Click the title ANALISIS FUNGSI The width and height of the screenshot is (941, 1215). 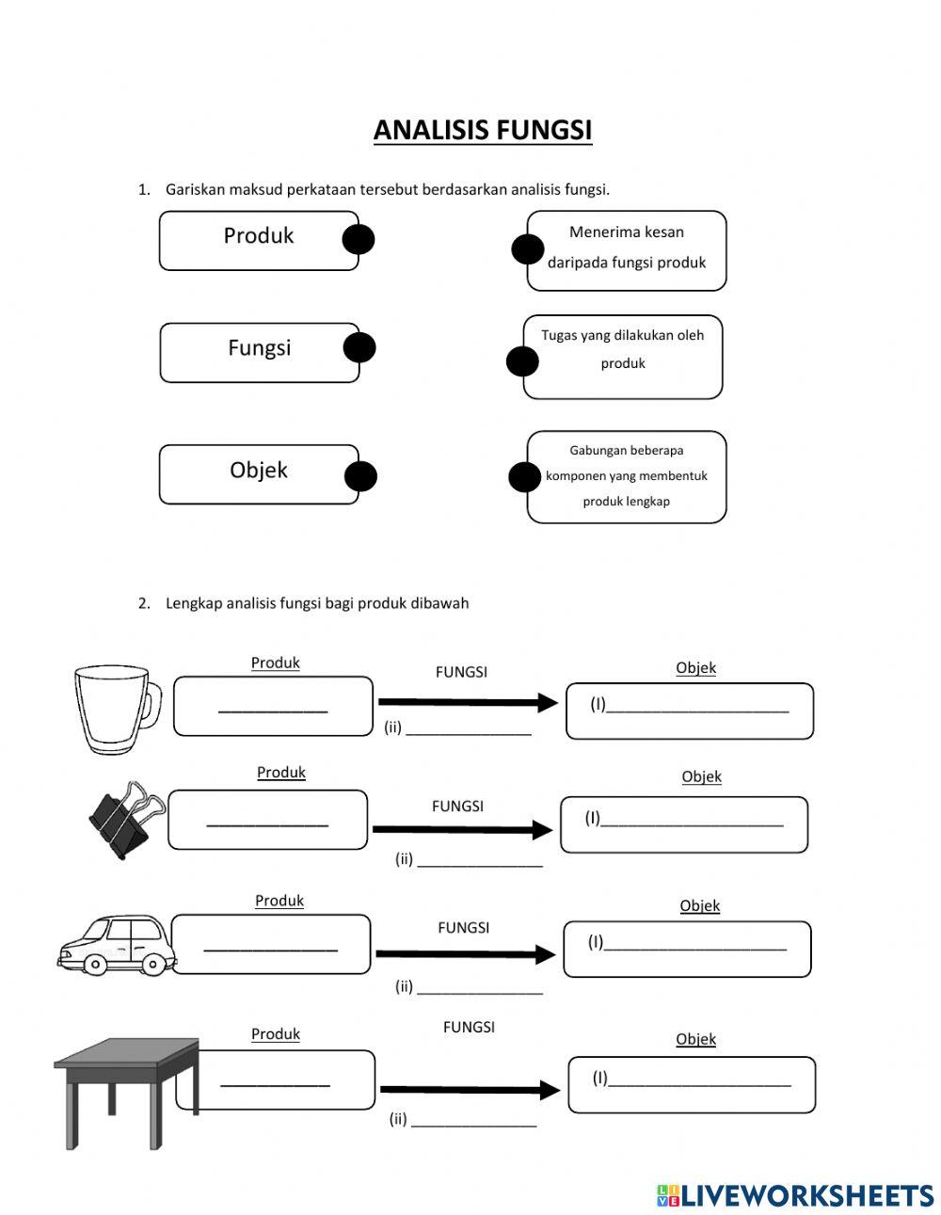tap(483, 130)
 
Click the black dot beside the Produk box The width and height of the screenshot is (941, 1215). tap(359, 240)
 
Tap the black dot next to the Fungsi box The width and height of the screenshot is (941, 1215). tap(359, 348)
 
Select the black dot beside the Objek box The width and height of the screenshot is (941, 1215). tap(359, 476)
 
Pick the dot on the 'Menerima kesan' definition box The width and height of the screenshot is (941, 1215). tap(527, 249)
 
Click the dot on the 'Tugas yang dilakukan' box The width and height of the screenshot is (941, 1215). tap(522, 361)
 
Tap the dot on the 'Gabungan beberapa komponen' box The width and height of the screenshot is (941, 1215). tap(525, 477)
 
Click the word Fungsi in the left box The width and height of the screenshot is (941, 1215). tap(260, 348)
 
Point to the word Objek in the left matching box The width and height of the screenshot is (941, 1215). tap(259, 470)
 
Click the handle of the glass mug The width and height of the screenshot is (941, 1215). tap(152, 705)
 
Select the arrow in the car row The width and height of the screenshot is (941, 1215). tap(466, 954)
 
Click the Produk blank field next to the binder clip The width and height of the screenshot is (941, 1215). tap(268, 820)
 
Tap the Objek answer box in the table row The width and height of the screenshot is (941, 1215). tap(692, 1084)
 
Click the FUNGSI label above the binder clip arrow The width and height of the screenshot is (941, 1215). tap(457, 807)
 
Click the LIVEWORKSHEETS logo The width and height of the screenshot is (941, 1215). tap(795, 1195)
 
